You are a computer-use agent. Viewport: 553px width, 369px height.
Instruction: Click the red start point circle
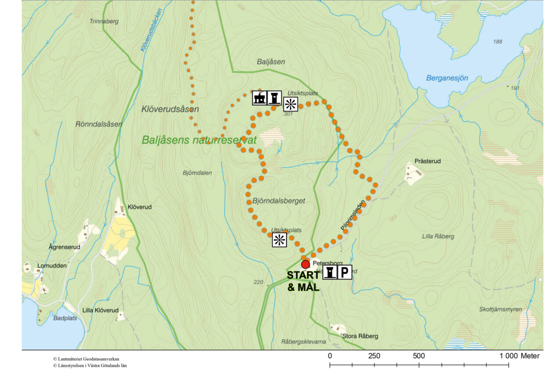click(x=305, y=264)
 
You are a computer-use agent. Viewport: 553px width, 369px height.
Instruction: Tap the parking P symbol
click(x=345, y=273)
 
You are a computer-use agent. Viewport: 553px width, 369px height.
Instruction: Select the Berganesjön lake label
click(x=447, y=78)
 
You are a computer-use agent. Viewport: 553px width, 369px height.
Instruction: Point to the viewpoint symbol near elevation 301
click(x=290, y=104)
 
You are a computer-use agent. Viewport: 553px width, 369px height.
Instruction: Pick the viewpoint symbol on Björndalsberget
click(x=279, y=240)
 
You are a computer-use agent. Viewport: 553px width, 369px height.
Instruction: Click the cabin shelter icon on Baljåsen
click(x=259, y=98)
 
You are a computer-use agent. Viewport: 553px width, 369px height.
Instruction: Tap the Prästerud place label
click(x=427, y=161)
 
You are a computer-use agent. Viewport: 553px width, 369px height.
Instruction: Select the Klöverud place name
click(x=139, y=206)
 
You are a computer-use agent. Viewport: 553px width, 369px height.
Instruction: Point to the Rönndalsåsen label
click(x=99, y=124)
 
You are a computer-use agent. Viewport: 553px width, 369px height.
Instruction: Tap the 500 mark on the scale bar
click(x=419, y=355)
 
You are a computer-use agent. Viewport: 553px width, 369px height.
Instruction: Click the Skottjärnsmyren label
click(x=500, y=309)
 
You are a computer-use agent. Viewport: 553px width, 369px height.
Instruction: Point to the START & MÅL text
click(x=303, y=282)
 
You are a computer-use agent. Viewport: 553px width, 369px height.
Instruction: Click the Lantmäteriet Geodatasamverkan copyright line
click(x=86, y=359)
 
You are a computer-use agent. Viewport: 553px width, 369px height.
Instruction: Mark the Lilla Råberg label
click(x=438, y=236)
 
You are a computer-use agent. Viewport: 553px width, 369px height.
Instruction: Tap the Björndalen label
click(x=197, y=173)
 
